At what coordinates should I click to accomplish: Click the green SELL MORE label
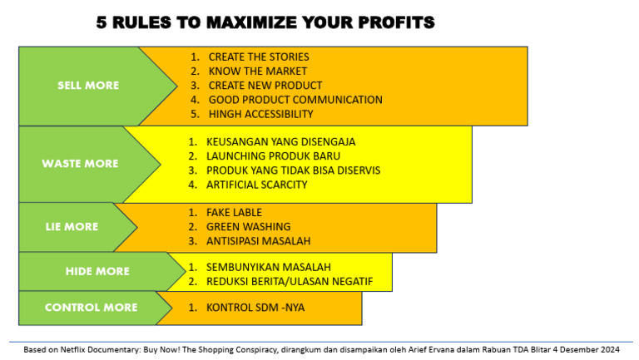pos(88,86)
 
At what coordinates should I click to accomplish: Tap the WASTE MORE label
pos(80,164)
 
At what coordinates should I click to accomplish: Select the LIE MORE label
pos(72,226)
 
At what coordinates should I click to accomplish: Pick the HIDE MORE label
pos(97,271)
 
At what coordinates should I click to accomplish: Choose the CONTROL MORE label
pos(91,308)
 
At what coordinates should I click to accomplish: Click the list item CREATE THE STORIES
pos(258,57)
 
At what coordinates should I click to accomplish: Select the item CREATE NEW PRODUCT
pos(265,86)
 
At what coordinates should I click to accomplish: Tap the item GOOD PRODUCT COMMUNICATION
pos(295,100)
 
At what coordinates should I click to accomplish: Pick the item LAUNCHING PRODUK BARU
pos(273,155)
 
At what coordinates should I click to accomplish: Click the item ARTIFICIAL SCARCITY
pos(256,185)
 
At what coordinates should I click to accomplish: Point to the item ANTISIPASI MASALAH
pos(258,241)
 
